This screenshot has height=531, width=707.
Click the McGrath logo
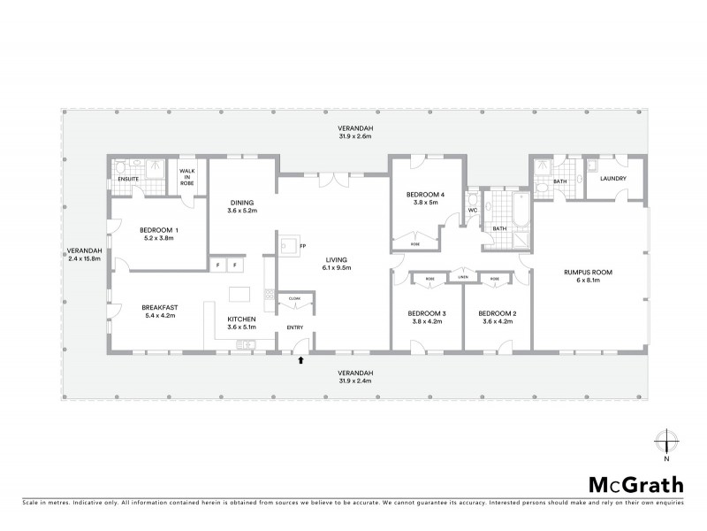click(x=635, y=484)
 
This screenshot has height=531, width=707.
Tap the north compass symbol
click(x=665, y=442)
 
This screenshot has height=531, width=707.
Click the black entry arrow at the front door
click(x=302, y=360)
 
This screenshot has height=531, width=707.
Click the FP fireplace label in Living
click(x=303, y=245)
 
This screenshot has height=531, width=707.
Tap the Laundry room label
click(x=612, y=179)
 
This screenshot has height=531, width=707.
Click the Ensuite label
click(x=128, y=179)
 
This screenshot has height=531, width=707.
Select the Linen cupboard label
click(x=462, y=278)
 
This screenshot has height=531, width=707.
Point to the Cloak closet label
click(x=294, y=299)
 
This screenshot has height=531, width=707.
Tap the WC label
click(x=472, y=210)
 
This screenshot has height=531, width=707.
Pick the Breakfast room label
click(x=160, y=307)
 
